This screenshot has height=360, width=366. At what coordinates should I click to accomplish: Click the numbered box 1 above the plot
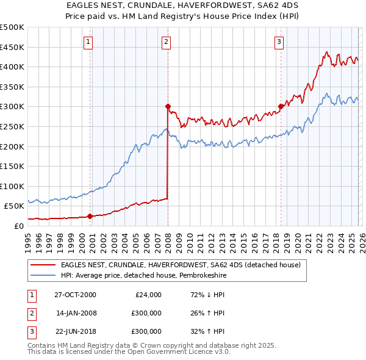[89, 42]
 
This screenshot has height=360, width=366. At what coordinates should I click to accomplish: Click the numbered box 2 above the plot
[167, 42]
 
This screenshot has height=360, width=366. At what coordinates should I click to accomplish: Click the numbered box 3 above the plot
[279, 42]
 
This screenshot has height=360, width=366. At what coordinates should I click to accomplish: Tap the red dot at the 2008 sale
[168, 106]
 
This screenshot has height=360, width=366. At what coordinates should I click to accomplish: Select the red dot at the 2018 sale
[281, 106]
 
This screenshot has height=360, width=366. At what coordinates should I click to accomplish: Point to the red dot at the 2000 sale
[90, 216]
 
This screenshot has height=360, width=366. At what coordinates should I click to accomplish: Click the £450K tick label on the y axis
[12, 47]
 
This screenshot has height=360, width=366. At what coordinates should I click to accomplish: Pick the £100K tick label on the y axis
[12, 186]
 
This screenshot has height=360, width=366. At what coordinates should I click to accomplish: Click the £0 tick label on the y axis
[18, 226]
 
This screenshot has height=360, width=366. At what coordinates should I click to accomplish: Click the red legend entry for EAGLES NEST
[181, 265]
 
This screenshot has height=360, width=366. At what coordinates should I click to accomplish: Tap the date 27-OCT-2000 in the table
[75, 295]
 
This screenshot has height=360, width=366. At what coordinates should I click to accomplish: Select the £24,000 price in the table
[148, 295]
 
